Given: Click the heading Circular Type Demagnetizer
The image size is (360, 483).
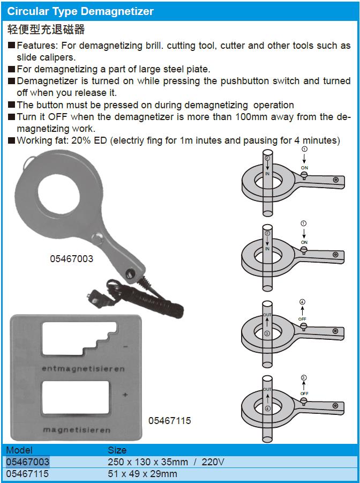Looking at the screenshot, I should tap(80, 11).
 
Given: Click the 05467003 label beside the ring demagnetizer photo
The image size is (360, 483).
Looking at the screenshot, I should tap(72, 258).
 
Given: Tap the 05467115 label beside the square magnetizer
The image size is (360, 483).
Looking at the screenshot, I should tap(169, 421).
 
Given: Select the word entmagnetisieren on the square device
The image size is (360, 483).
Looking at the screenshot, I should tap(83, 369).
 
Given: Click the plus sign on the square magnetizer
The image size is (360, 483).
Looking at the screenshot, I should tap(125, 395).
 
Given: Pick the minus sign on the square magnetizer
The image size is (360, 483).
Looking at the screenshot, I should tap(125, 347).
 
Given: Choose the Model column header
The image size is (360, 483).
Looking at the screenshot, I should tap(19, 450).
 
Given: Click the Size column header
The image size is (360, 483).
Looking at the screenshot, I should tap(117, 450).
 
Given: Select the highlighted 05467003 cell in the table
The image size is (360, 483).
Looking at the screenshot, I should tap(28, 462).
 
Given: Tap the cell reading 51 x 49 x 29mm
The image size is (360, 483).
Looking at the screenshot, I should tap(142, 474).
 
